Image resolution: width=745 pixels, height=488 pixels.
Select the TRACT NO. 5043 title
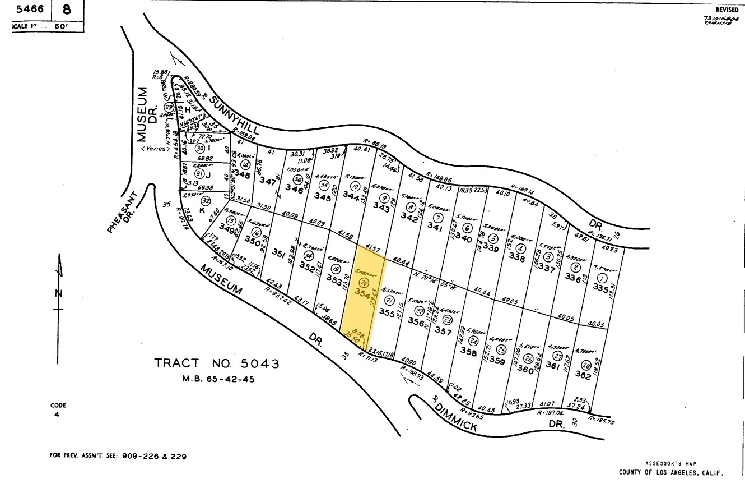[x=216, y=364]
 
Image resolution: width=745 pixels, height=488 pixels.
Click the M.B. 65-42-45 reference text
[x=218, y=379]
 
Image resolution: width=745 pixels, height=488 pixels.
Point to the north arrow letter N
[x=59, y=293]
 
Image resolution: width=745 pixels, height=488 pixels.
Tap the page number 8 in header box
[x=67, y=10]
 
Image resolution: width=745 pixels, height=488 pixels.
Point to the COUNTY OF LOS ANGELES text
[x=670, y=472]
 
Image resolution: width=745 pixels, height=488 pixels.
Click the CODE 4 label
[x=58, y=409]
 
